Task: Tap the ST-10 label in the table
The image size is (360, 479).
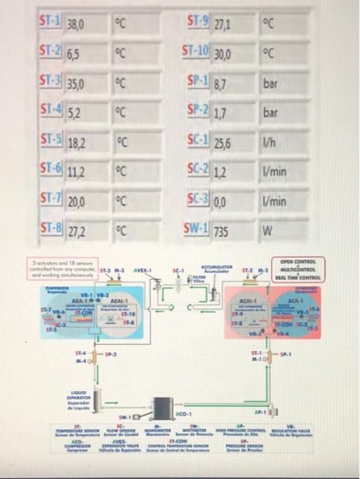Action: (196, 51)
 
